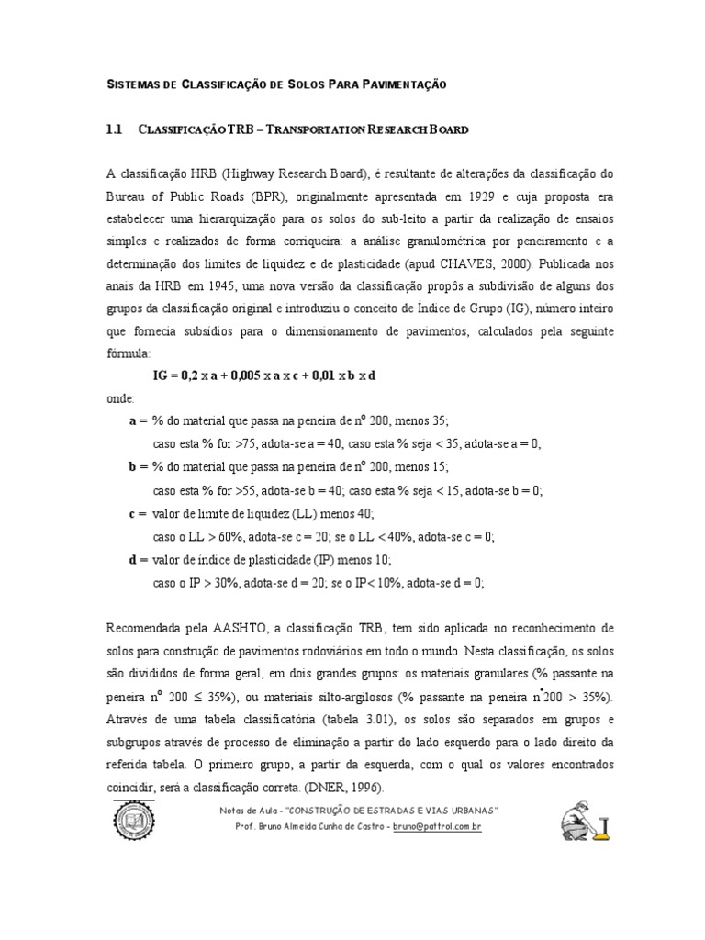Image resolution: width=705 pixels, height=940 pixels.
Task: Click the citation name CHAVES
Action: pos(466,264)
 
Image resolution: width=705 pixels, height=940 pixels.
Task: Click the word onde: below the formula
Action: pos(120,399)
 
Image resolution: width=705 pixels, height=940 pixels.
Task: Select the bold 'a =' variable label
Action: pos(138,421)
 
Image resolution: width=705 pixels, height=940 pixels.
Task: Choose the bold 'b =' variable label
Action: pos(138,466)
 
